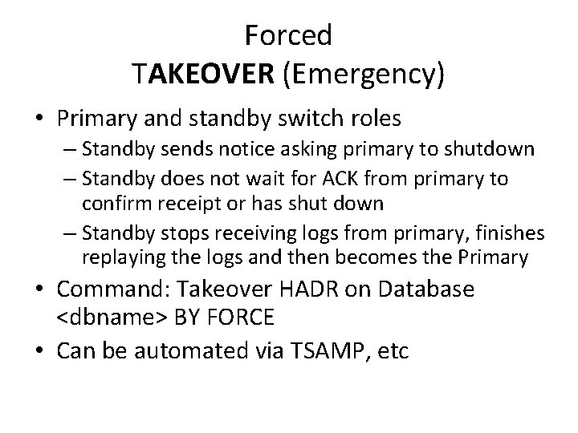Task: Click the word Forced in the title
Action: (288, 35)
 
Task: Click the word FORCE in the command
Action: (238, 318)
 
